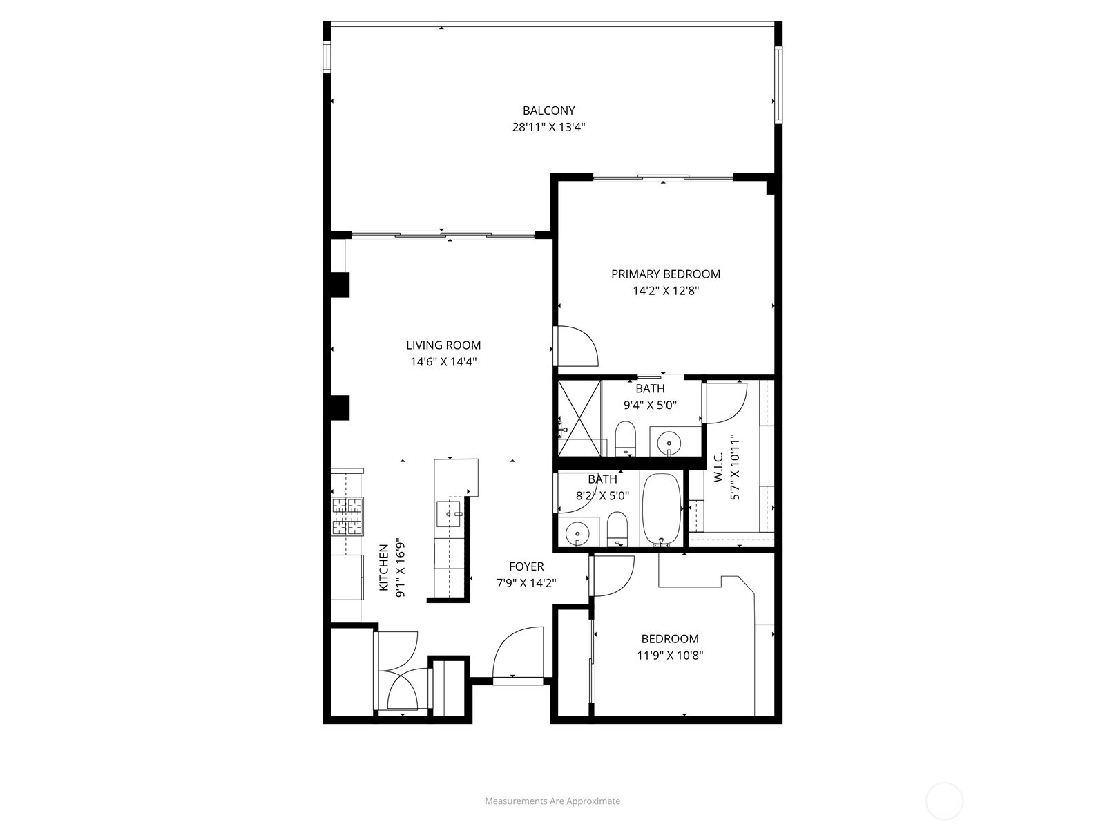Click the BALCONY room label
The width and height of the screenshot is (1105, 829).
tap(548, 111)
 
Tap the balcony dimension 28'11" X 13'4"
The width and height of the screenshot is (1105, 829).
tap(548, 127)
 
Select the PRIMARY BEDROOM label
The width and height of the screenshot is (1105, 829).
tap(665, 274)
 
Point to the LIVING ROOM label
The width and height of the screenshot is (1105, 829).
tap(443, 345)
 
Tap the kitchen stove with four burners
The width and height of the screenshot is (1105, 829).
tap(347, 517)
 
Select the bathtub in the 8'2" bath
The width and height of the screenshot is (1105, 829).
tap(662, 509)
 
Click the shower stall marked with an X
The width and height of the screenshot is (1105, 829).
tap(579, 417)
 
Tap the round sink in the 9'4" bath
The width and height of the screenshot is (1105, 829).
tap(669, 442)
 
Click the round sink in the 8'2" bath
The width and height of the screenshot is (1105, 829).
tap(577, 534)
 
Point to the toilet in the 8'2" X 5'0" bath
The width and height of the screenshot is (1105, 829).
tap(617, 529)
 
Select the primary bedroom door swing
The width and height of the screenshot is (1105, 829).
tap(577, 347)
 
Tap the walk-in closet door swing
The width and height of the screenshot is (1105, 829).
tap(725, 402)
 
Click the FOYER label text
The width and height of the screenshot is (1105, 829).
tap(526, 566)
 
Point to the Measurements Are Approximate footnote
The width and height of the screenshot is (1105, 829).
tap(552, 801)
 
